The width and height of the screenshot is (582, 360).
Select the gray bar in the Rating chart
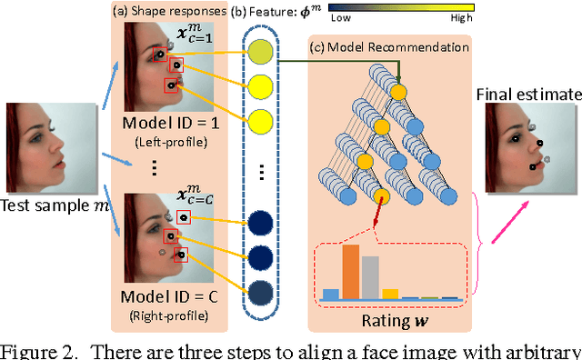(370, 277)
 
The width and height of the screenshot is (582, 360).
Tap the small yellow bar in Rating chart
(389, 294)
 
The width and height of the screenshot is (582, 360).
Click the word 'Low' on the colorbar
(341, 17)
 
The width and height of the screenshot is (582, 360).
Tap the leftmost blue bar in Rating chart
(332, 294)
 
